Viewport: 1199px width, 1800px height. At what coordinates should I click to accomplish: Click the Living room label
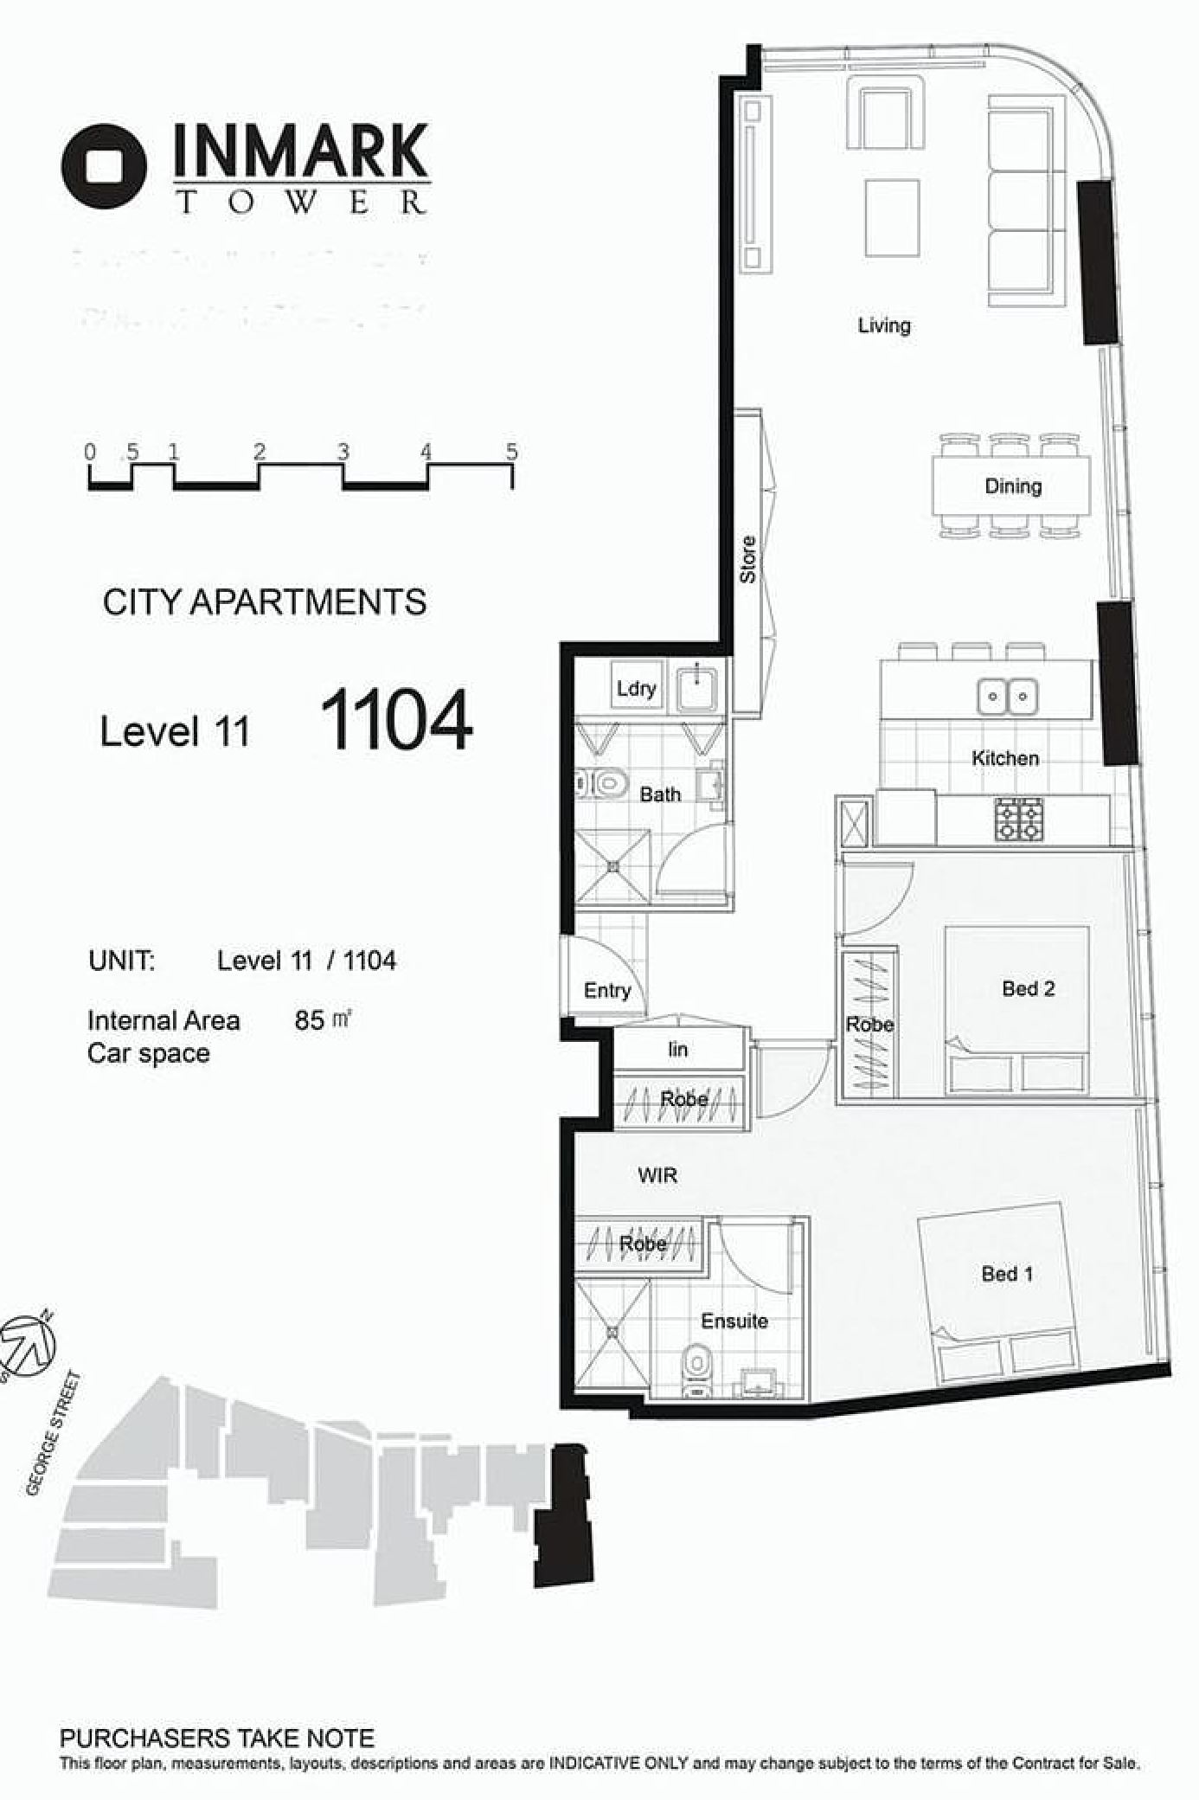(884, 325)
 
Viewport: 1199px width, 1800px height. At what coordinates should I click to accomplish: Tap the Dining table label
(1013, 485)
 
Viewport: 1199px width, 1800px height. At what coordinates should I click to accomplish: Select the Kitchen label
(1005, 758)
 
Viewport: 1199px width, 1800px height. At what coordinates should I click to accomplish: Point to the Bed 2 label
(1029, 988)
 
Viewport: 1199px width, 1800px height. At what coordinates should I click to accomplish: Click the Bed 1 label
(1007, 1273)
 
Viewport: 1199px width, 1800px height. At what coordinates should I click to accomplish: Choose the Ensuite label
(734, 1321)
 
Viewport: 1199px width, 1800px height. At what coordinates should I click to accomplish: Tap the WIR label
(657, 1175)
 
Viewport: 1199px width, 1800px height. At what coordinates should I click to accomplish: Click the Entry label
(607, 991)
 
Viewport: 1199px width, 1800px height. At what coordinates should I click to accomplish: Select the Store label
(748, 559)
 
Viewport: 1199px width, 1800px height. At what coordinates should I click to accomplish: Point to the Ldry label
(636, 689)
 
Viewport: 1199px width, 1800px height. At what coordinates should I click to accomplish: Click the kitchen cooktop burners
(1019, 819)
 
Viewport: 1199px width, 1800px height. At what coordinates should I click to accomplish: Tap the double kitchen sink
(1008, 696)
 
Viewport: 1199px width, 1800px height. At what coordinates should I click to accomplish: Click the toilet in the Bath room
(602, 784)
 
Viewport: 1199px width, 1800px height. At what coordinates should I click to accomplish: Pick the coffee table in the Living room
(892, 217)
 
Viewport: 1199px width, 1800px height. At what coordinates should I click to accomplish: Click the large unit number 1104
(397, 719)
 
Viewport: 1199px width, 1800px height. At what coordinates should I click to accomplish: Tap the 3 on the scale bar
(343, 451)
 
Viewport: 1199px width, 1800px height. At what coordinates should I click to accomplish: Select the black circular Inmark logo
(104, 166)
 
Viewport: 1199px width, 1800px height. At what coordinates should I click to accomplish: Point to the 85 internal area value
(309, 1020)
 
